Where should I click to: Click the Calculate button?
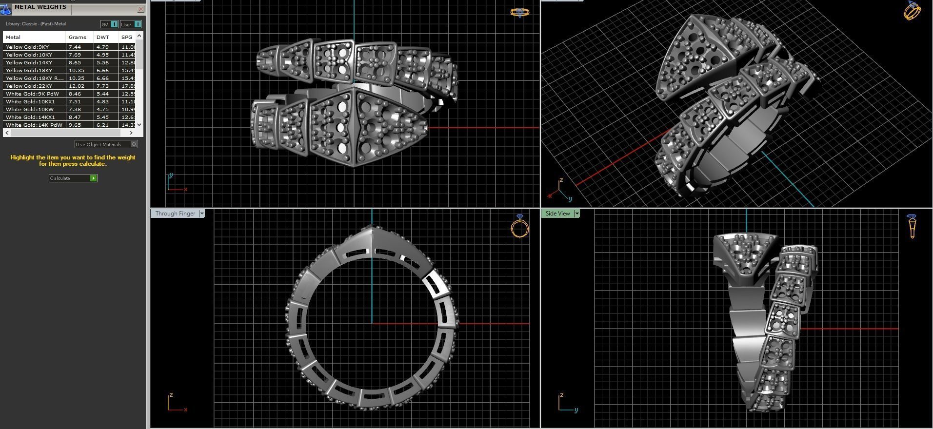pos(73,178)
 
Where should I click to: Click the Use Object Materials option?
pos(106,144)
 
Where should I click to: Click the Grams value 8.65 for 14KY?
pos(75,62)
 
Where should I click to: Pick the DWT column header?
pos(103,37)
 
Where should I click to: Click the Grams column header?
pos(78,37)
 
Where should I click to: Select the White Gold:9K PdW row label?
pos(32,94)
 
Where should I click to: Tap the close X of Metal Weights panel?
pos(140,9)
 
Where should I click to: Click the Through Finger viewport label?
pos(175,214)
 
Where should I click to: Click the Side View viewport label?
pos(557,214)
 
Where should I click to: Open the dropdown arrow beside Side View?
pos(577,214)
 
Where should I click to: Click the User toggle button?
pos(131,24)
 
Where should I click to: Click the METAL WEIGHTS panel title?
pos(40,7)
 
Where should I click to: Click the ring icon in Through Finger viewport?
pos(520,227)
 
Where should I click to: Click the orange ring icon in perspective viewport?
pos(912,10)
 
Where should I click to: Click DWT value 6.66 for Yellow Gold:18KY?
pos(102,70)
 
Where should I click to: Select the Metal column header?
pos(13,37)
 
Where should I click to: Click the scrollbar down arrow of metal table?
pos(139,125)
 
